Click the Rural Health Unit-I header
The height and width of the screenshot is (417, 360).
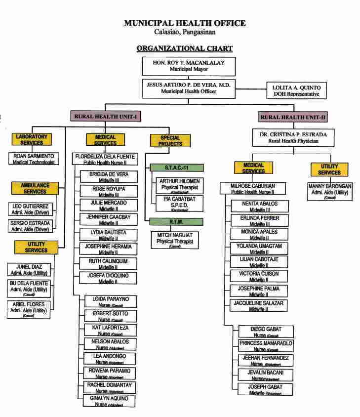(106, 117)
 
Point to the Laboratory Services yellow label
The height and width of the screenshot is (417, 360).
(32, 139)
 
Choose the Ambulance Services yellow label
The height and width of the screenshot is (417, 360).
(35, 188)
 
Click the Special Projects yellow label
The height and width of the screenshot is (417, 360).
(167, 141)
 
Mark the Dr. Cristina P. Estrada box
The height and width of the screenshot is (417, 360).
(293, 137)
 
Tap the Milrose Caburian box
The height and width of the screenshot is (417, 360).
(253, 189)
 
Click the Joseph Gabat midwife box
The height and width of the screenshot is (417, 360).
(266, 389)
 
